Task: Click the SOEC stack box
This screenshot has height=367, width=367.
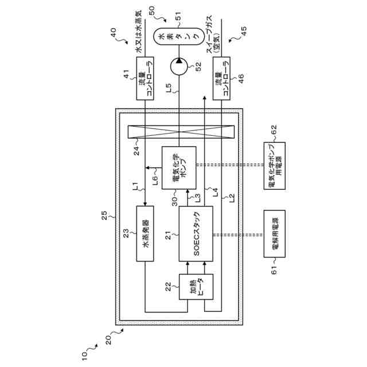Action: click(196, 233)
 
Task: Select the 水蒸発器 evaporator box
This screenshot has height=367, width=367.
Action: click(145, 233)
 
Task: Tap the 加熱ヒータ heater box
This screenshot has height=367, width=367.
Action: click(196, 287)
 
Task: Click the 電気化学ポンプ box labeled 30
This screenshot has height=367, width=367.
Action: click(179, 168)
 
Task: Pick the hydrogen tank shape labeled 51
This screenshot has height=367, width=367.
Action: click(179, 37)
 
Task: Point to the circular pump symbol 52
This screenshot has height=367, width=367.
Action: click(179, 67)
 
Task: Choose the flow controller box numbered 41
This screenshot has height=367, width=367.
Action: click(145, 79)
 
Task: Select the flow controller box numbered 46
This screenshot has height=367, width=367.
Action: click(221, 79)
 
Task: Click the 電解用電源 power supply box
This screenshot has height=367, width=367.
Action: click(275, 233)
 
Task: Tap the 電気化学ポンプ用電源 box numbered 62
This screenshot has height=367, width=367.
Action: click(275, 166)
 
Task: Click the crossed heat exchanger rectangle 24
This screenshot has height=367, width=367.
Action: click(181, 132)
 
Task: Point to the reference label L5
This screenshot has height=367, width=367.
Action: click(169, 88)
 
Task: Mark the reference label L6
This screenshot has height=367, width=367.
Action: click(155, 180)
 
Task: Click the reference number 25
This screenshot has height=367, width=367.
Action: click(104, 216)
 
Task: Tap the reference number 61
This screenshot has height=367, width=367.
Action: click(274, 270)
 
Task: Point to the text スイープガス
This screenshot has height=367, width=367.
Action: click(209, 34)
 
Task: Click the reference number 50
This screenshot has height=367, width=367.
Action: click(152, 10)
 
